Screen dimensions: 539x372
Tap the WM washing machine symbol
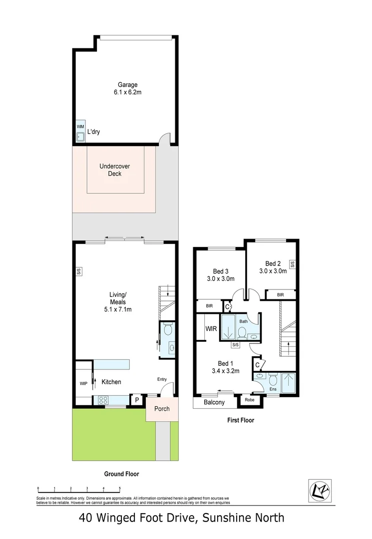[80, 127]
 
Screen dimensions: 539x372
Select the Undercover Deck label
[115, 170]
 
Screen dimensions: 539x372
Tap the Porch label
[161, 409]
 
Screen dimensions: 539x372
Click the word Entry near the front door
[162, 379]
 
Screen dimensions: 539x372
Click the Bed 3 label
[220, 275]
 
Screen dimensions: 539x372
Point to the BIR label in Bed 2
[281, 295]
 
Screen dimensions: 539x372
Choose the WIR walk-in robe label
[210, 329]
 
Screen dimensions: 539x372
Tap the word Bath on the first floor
[243, 321]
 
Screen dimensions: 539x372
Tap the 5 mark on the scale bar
[120, 489]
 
